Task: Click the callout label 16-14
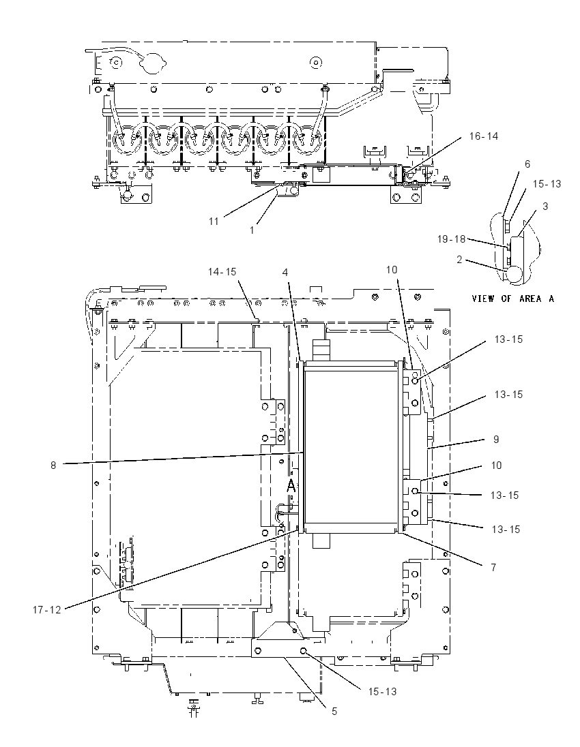[483, 136]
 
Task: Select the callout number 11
[213, 221]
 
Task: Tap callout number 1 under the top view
[252, 230]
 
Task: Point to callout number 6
[527, 164]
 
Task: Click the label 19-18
[451, 239]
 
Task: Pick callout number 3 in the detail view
[545, 207]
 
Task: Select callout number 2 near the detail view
[459, 260]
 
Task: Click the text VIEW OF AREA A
[512, 299]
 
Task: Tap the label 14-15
[222, 271]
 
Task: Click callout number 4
[285, 273]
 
